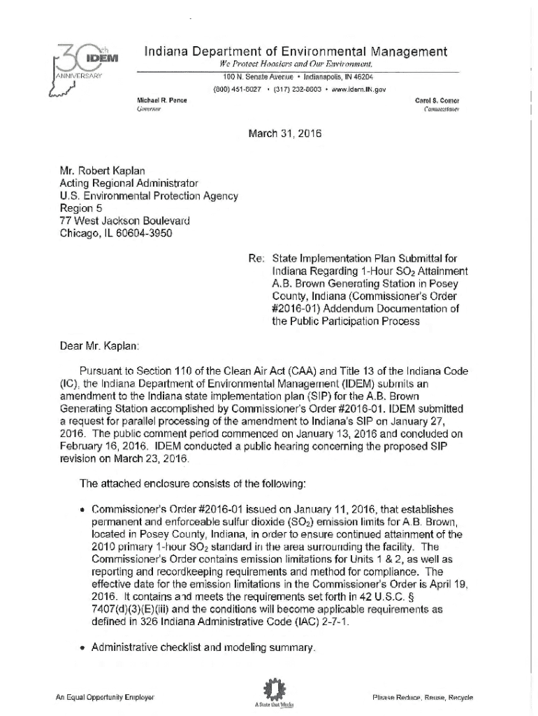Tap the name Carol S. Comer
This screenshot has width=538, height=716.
coord(437,100)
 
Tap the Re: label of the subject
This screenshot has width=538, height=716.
coord(254,258)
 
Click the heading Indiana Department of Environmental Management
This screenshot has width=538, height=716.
coord(296,51)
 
